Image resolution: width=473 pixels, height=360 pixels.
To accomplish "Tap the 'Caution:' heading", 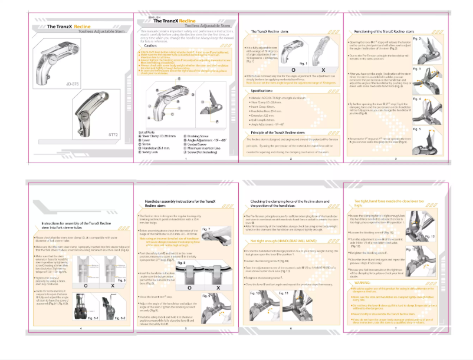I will [x=150, y=45].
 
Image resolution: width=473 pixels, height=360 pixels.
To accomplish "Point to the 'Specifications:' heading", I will [x=265, y=91].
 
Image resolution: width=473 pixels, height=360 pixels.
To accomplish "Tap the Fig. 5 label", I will [x=416, y=128].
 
